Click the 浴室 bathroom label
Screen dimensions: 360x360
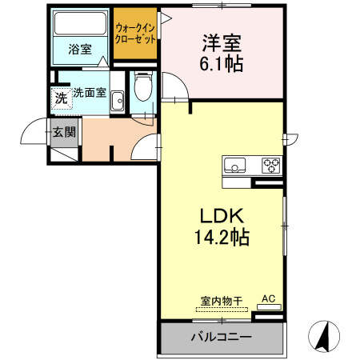pos(79,50)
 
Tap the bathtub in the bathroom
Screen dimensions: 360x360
pos(81,26)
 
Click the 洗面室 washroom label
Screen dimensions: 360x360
pos(90,92)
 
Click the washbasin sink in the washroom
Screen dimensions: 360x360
pos(118,100)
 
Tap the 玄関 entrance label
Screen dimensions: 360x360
pos(64,132)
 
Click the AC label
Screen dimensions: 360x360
pos(268,299)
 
